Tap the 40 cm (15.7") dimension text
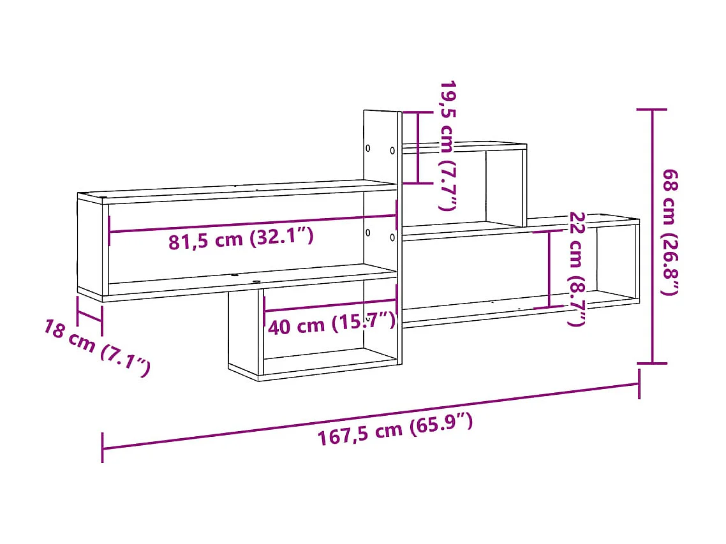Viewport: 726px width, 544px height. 331,325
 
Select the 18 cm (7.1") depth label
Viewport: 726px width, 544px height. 97,347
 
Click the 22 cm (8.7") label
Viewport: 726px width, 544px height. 576,268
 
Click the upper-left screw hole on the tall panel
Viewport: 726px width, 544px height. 368,149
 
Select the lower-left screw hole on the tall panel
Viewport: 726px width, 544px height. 368,233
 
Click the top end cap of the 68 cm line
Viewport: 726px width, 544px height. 651,110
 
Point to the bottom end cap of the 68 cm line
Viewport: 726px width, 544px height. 651,364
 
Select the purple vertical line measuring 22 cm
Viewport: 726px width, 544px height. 550,269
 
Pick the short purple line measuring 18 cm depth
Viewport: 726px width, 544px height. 89,313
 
